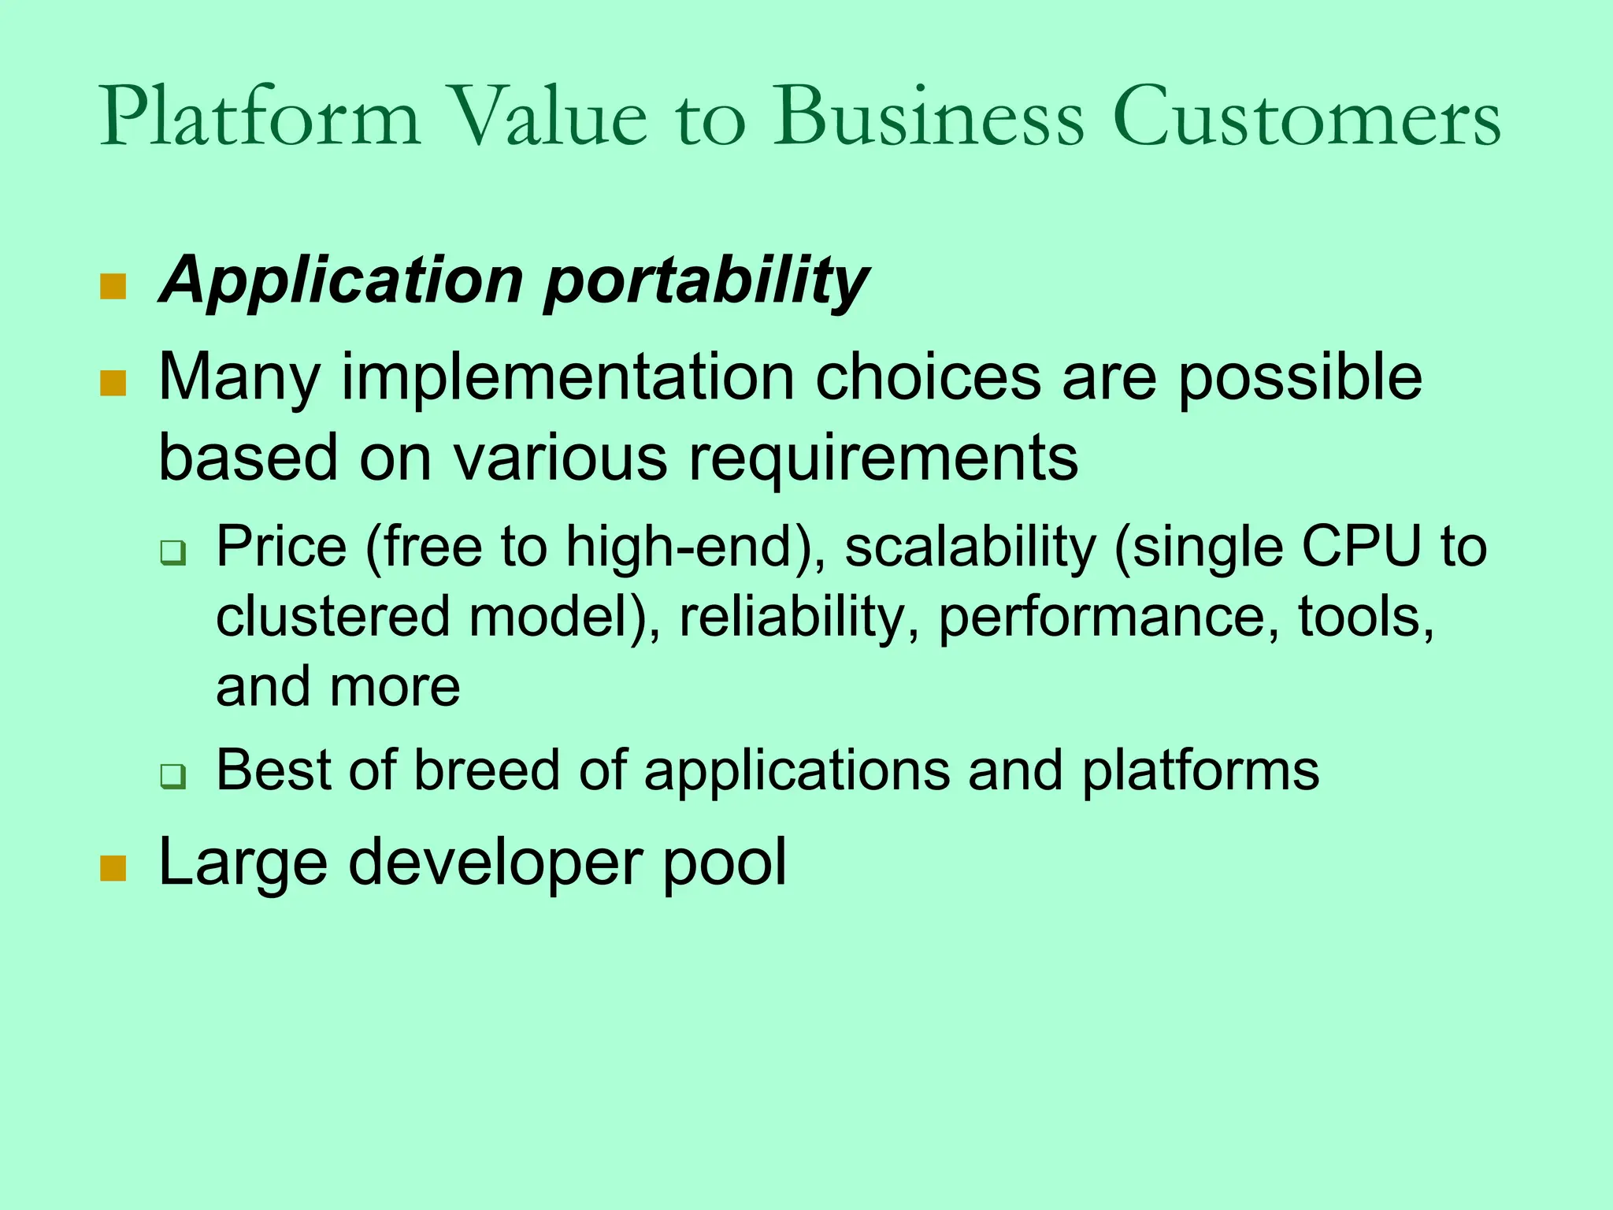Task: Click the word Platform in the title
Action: [260, 118]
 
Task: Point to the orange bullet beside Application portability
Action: [113, 287]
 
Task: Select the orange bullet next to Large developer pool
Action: [113, 868]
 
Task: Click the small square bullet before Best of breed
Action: [172, 776]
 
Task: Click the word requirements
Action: [883, 458]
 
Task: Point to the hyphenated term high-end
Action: [679, 547]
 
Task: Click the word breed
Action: [487, 770]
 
